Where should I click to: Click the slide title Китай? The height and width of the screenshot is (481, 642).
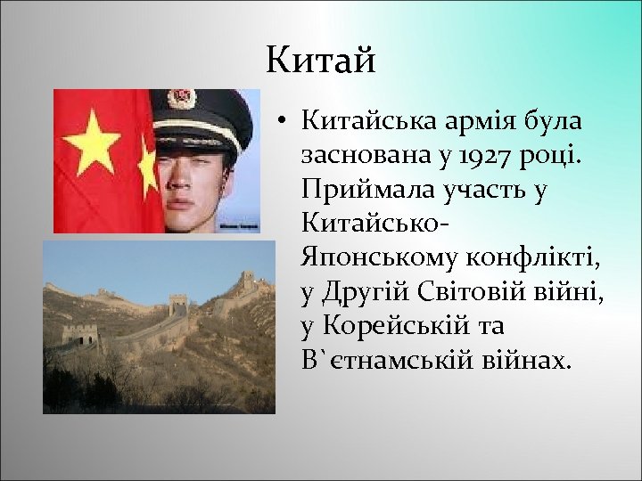point(321,61)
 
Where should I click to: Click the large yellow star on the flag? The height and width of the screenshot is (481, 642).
point(91,143)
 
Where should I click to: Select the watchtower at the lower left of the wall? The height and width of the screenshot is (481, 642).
point(80,335)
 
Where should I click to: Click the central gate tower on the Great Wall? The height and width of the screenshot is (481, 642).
point(178,305)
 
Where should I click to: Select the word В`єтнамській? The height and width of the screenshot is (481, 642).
point(400,360)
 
